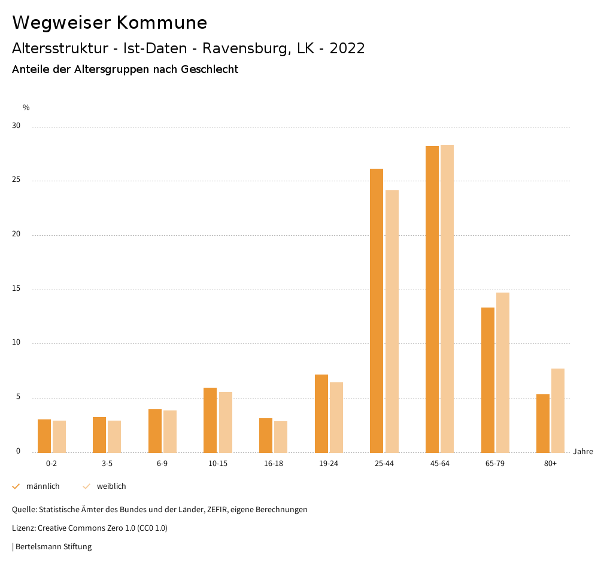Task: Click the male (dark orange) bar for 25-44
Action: coord(377,311)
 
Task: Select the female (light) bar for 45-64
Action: coord(447,299)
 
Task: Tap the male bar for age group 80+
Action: coord(543,423)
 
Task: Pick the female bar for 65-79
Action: coord(503,372)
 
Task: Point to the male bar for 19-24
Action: coord(321,413)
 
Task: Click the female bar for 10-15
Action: coord(226,422)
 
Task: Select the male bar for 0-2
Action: coord(44,436)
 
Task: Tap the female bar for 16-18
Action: coord(281,437)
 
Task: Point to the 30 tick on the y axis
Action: coord(16,126)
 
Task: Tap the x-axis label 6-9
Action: coord(162,464)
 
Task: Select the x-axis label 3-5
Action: coord(107,464)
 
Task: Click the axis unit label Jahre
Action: coord(583,452)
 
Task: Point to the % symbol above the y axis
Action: coord(26,108)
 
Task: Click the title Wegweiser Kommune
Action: coord(110,23)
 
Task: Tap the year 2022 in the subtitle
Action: coord(347,48)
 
